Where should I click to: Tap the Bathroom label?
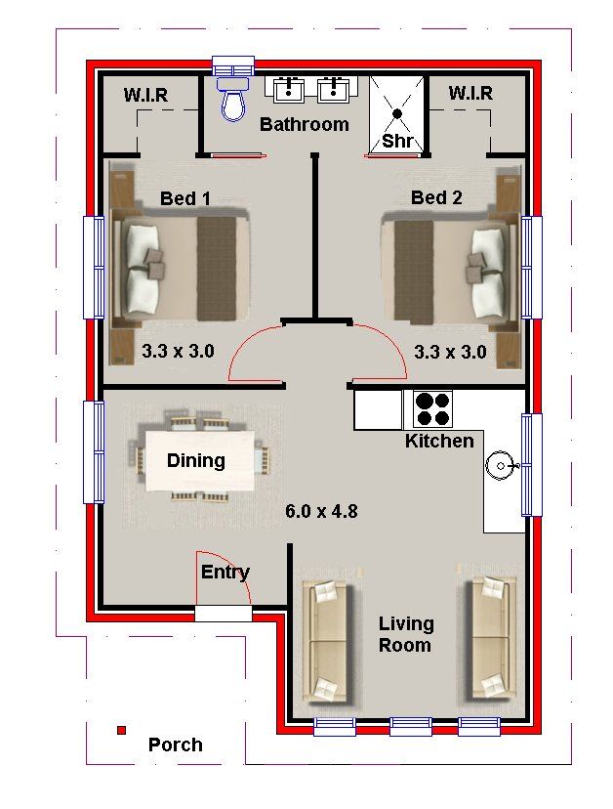[x=305, y=124]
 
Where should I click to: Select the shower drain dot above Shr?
[x=397, y=113]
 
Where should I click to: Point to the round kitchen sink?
[x=500, y=466]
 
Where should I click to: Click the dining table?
[x=200, y=460]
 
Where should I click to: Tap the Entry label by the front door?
[x=225, y=573]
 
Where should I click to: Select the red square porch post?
[x=122, y=730]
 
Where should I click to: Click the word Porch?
[x=176, y=745]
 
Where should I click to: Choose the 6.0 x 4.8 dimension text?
[x=321, y=511]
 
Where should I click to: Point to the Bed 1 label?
[x=185, y=198]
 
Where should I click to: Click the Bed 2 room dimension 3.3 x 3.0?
[x=450, y=352]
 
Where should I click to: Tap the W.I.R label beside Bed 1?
[x=145, y=95]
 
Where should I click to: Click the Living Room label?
[x=406, y=635]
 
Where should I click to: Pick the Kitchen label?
[x=439, y=441]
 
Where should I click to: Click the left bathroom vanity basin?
[x=288, y=89]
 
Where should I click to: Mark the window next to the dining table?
[x=94, y=452]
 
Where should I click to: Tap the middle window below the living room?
[x=410, y=727]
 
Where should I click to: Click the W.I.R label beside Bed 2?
[x=470, y=94]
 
